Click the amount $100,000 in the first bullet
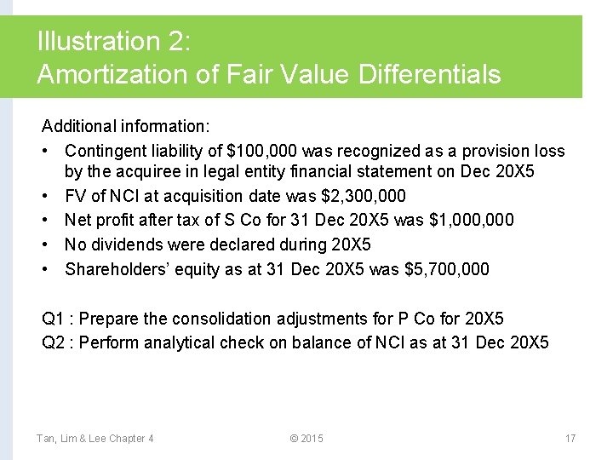[262, 151]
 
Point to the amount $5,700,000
[443, 269]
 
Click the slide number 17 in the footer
[570, 438]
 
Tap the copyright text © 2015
[306, 438]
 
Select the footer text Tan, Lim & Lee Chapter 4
[95, 438]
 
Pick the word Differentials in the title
[429, 74]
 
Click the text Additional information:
[125, 126]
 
